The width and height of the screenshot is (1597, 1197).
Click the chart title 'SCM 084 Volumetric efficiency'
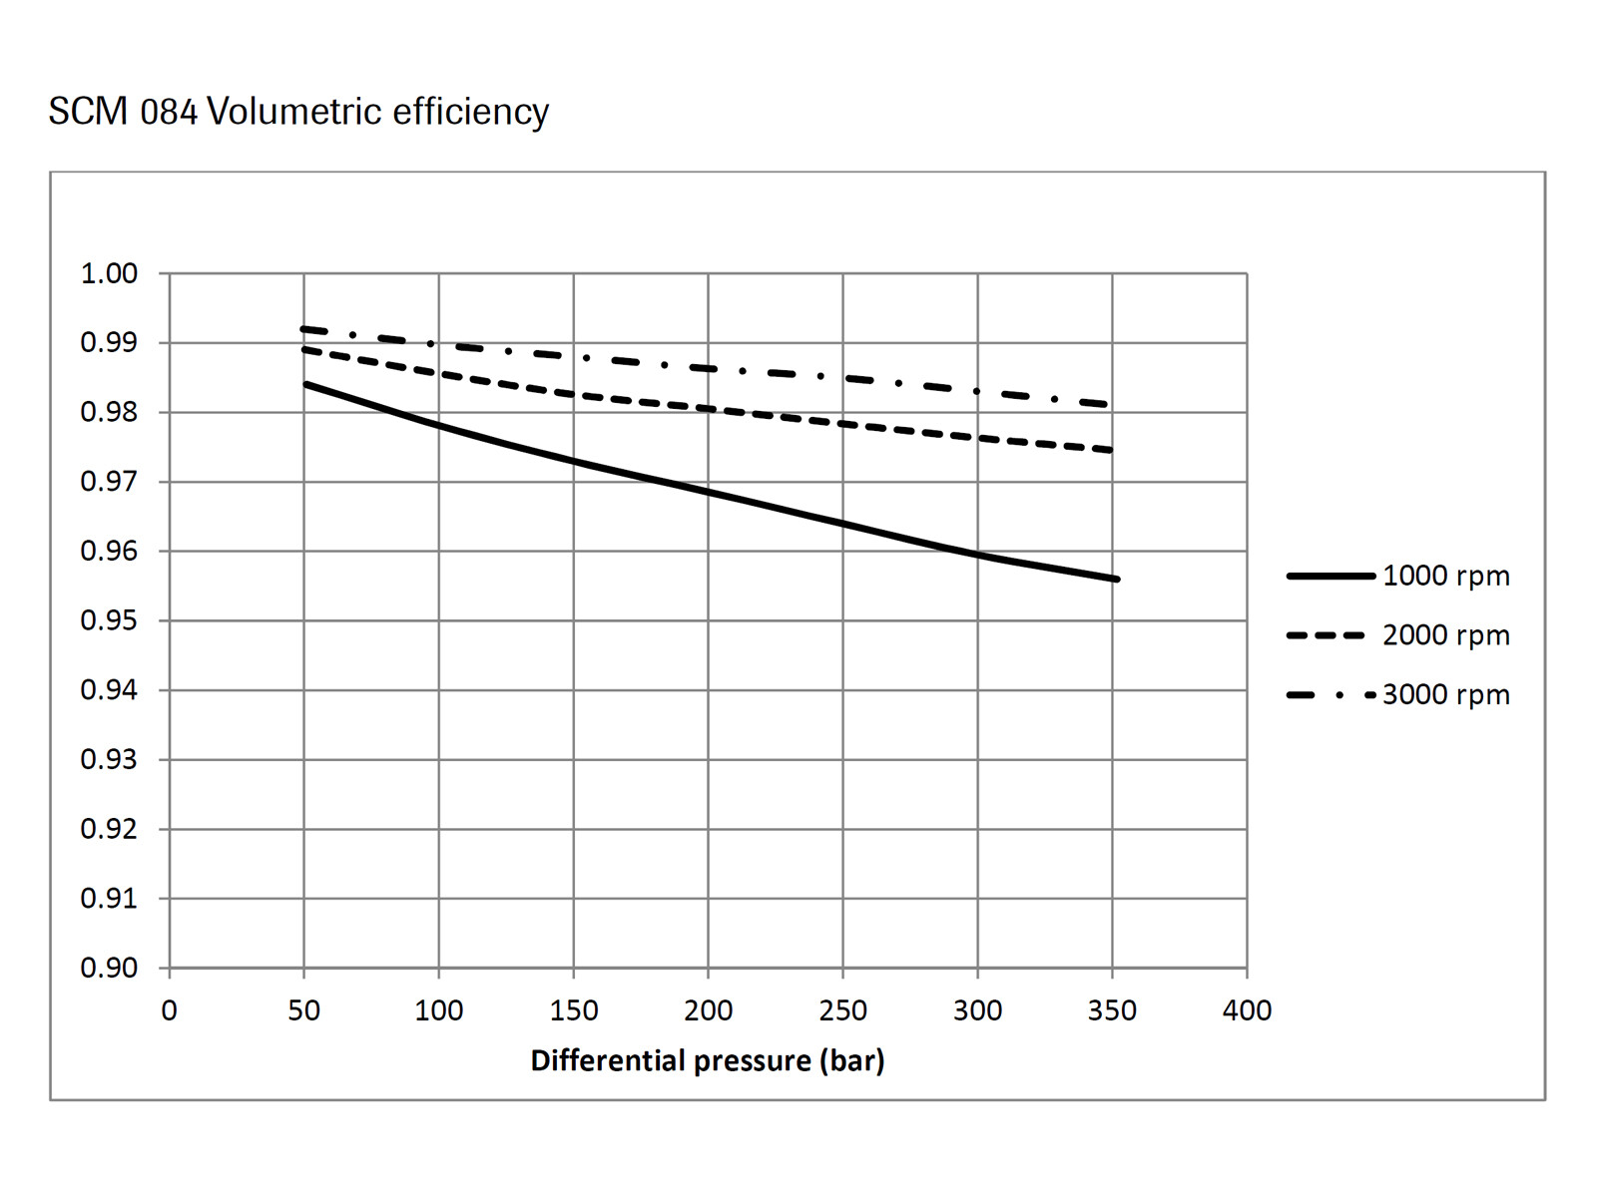pos(298,112)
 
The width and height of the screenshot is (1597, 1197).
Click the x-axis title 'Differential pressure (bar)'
pos(708,1060)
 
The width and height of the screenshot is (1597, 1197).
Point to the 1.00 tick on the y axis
pos(109,273)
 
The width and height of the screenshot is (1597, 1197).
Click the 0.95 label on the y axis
pos(109,620)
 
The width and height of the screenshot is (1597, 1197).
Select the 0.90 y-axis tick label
pos(109,968)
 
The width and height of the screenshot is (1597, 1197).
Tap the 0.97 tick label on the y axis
pos(109,482)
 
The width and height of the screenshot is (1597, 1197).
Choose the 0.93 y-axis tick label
pos(109,759)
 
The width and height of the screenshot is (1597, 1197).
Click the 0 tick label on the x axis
pos(170,1010)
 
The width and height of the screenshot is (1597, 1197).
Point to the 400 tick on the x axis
pos(1247,1010)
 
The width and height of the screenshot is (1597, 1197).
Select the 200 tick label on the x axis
pos(708,1010)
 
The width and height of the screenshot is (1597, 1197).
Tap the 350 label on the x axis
pos(1112,1010)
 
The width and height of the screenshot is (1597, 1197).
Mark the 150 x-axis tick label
pos(573,1010)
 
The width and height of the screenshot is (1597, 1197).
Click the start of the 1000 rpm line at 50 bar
pos(305,384)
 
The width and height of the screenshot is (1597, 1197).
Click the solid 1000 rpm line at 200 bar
pos(708,492)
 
